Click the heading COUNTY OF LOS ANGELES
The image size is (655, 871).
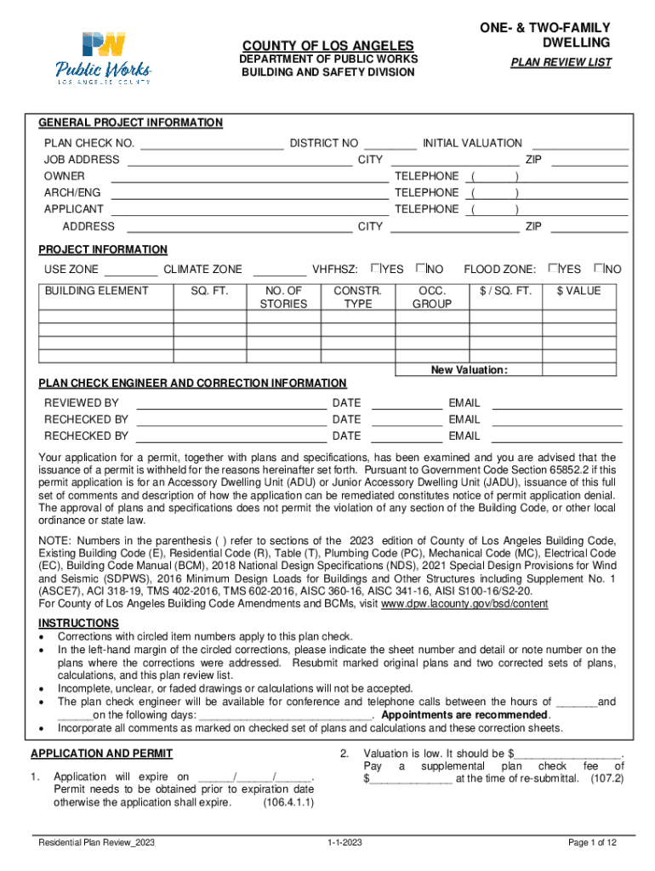pos(328,45)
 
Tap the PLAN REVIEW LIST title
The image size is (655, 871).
pos(561,63)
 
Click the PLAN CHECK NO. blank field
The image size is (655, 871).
pos(211,143)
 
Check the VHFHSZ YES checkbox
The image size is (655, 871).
pos(376,269)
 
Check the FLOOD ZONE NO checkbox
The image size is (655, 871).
pos(600,269)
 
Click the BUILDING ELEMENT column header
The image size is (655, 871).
pos(96,291)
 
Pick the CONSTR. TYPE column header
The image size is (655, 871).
pos(352,297)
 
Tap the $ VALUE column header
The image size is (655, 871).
pos(578,291)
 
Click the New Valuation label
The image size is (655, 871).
pos(469,370)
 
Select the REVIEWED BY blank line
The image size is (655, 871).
pos(231,402)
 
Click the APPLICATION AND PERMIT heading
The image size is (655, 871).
pos(101,754)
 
